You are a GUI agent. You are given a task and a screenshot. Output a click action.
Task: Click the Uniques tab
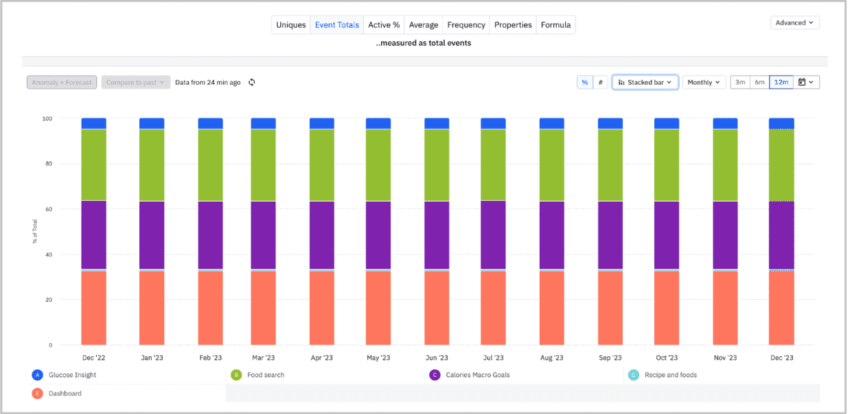click(x=291, y=25)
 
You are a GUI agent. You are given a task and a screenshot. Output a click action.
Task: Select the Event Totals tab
click(x=336, y=25)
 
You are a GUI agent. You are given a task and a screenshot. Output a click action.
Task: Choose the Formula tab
click(x=555, y=25)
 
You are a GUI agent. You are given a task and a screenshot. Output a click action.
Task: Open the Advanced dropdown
click(x=794, y=23)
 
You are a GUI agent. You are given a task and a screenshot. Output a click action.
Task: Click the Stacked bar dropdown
click(x=645, y=83)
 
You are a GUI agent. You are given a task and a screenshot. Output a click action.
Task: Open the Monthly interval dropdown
click(x=704, y=83)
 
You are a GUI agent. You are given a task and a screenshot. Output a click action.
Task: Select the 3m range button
click(x=740, y=83)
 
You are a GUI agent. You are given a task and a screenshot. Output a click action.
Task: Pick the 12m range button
click(x=781, y=83)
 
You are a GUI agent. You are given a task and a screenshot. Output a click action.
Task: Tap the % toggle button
click(x=584, y=83)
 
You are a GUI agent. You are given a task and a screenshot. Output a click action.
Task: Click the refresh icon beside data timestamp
click(x=252, y=83)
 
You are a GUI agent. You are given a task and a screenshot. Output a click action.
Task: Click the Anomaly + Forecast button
click(x=62, y=83)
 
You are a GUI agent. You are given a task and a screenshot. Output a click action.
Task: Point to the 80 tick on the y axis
click(x=47, y=164)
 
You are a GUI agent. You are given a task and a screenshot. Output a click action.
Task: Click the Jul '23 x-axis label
click(x=493, y=358)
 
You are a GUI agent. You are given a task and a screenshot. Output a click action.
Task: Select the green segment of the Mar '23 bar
click(x=263, y=165)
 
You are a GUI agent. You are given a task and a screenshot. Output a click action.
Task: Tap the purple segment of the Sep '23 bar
click(x=610, y=235)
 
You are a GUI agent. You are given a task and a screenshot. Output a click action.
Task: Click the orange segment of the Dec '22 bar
click(x=93, y=307)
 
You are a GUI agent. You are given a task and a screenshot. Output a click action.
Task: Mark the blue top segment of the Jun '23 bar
click(x=437, y=123)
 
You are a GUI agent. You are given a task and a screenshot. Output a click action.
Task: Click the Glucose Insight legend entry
click(x=72, y=375)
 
